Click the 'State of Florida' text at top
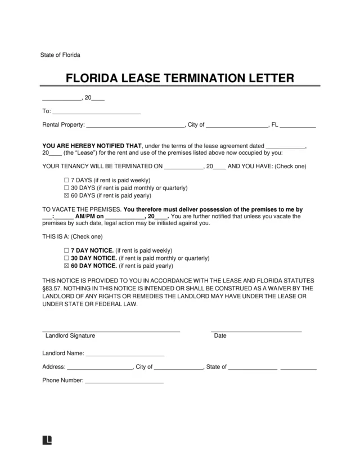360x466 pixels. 60,55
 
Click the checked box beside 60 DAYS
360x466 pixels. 66,196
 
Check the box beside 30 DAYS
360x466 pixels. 66,188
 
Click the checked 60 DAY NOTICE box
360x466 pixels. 66,266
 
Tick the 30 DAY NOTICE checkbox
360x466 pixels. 66,258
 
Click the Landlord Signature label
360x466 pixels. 70,336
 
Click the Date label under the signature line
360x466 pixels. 220,336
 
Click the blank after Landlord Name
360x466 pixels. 124,354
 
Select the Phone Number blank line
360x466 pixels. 123,380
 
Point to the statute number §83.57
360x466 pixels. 54,288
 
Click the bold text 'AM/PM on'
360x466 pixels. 89,216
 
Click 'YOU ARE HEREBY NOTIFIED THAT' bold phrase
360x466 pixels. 92,145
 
